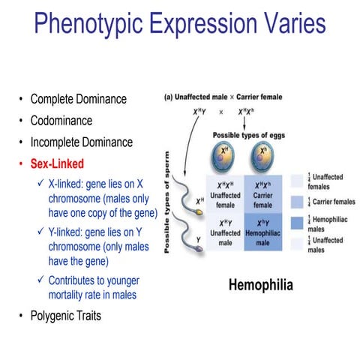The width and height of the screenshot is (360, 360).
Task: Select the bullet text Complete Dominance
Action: [78, 99]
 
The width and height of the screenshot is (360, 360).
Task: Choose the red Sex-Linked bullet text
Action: [57, 163]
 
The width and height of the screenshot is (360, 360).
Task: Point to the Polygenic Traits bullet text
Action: [65, 316]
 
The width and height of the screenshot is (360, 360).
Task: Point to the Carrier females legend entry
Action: [330, 201]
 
